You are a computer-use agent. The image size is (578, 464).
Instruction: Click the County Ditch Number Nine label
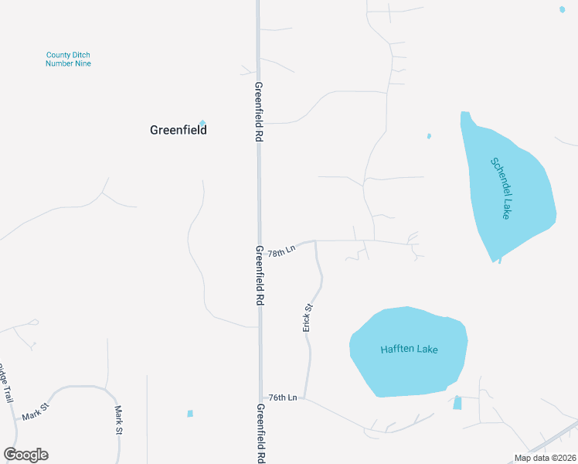pos(68,59)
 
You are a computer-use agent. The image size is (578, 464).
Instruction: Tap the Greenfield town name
pos(178,131)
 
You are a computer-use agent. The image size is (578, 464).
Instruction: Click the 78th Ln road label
pos(282,251)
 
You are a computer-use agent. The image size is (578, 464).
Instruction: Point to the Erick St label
pos(308,318)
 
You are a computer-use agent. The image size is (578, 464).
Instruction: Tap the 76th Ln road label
pos(283,397)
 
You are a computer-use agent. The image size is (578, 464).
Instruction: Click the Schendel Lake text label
pos(501,188)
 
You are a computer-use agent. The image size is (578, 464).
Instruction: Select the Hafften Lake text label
pos(409,350)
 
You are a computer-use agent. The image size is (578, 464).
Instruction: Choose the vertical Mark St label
pos(119,420)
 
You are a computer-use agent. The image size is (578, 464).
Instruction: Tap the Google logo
pos(25,455)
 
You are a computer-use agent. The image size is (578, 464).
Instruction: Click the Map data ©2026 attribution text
pos(545,458)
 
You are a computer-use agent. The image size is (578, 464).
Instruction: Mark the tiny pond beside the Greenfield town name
pos(202,122)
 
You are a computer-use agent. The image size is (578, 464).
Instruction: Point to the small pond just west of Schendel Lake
pos(429,137)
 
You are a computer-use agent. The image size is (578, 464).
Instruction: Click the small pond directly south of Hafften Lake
pos(457,403)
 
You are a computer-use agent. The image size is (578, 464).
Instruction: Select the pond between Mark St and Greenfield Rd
pos(190,414)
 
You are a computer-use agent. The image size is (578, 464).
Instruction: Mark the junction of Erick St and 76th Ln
pos(305,399)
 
